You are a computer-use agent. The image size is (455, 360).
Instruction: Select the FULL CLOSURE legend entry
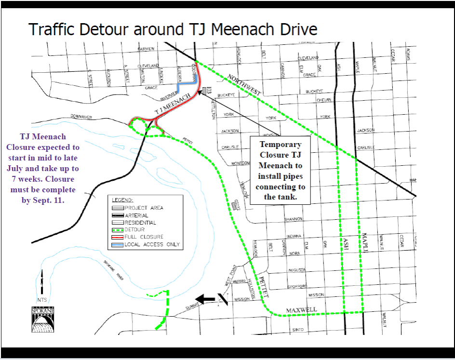[x=144, y=237]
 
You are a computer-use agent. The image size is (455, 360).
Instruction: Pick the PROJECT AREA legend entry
[x=144, y=208]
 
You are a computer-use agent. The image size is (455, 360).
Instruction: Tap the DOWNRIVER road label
[x=81, y=117]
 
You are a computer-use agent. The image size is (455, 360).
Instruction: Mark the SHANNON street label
[x=293, y=219]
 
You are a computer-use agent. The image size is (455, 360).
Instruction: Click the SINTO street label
[x=298, y=330]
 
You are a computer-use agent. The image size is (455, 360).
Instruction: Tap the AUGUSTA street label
[x=296, y=270]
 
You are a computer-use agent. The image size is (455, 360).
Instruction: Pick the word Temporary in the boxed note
[x=280, y=144]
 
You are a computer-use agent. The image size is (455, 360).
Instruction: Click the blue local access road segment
[x=183, y=85]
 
